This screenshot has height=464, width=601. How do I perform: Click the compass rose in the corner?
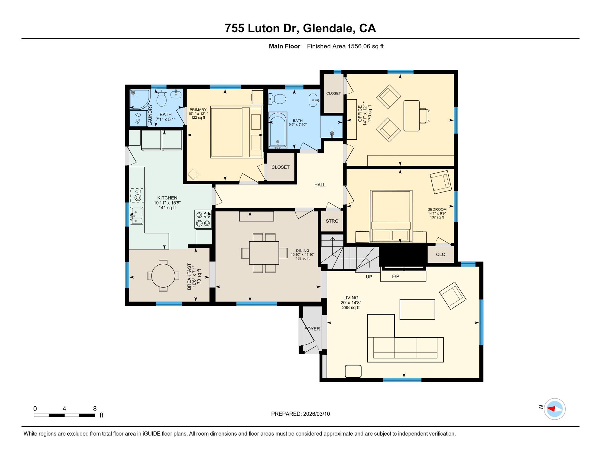(554, 409)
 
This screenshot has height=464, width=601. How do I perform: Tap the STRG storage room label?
(332, 221)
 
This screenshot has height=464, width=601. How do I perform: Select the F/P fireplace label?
(395, 276)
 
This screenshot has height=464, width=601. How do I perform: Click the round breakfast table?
(163, 276)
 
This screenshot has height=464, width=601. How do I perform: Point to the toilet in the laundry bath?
(161, 97)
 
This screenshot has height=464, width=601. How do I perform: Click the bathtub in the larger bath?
(278, 130)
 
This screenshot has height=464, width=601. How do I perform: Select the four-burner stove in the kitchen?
(203, 219)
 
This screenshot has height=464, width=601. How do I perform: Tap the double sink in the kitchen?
(136, 216)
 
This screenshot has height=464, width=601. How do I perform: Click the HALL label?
(320, 185)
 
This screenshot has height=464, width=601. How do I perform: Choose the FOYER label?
(312, 329)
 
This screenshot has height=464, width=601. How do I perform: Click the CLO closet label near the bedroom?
(440, 254)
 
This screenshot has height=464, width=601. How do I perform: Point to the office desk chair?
(424, 116)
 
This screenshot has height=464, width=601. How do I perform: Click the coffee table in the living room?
(417, 309)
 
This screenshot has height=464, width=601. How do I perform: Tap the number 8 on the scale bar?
(95, 409)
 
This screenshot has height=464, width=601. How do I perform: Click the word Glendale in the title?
(329, 28)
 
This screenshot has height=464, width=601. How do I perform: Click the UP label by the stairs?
(369, 277)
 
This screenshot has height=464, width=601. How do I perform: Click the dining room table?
(264, 253)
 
